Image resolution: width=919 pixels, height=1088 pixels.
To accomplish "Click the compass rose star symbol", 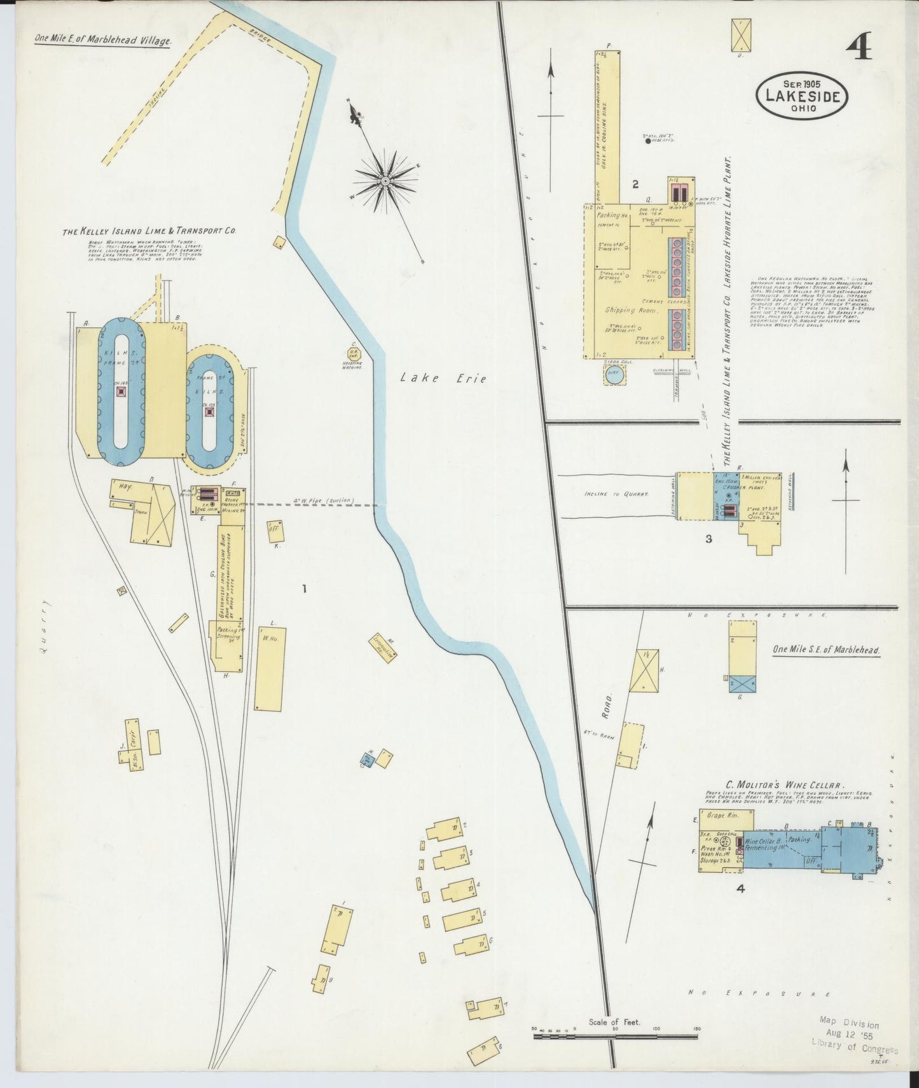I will [385, 181].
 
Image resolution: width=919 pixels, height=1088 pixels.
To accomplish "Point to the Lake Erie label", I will [443, 379].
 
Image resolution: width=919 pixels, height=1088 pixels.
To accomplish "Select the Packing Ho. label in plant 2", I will [612, 216].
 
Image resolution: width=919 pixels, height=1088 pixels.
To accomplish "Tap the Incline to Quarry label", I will [616, 494].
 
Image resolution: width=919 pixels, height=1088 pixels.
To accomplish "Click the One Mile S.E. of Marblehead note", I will [826, 650].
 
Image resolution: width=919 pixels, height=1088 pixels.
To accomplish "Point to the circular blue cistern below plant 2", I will [614, 375].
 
